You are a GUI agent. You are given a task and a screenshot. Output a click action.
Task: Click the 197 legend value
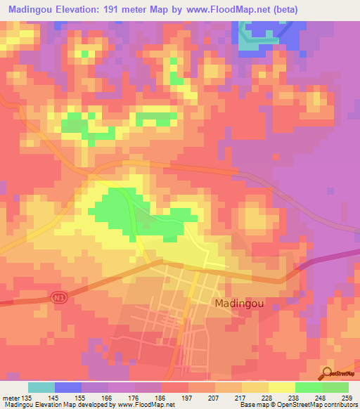pyautogui.click(x=188, y=398)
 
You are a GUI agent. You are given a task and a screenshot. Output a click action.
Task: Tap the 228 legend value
pyautogui.click(x=266, y=398)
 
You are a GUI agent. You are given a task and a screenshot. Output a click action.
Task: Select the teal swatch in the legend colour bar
pyautogui.click(x=41, y=387)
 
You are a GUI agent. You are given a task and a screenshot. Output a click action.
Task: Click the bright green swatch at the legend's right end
pyautogui.click(x=335, y=387)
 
